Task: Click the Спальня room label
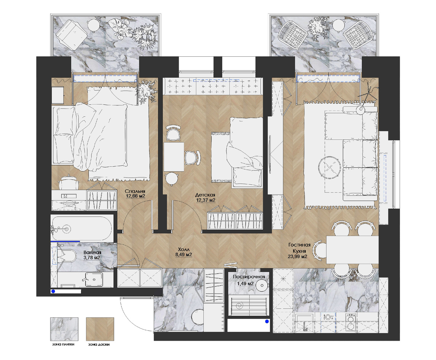click(x=135, y=191)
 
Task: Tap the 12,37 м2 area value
click(x=206, y=200)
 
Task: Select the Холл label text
click(x=184, y=249)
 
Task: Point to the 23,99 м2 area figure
click(x=297, y=256)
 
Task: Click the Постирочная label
click(x=249, y=277)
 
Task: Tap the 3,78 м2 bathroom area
click(x=92, y=257)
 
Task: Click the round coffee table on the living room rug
click(x=330, y=168)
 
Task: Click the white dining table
click(x=352, y=249)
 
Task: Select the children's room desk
click(x=174, y=157)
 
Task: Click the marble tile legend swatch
click(x=64, y=329)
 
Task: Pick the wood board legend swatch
click(x=100, y=329)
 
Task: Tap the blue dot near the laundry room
click(x=267, y=321)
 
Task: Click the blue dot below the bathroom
click(x=53, y=291)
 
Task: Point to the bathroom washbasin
click(x=94, y=279)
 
